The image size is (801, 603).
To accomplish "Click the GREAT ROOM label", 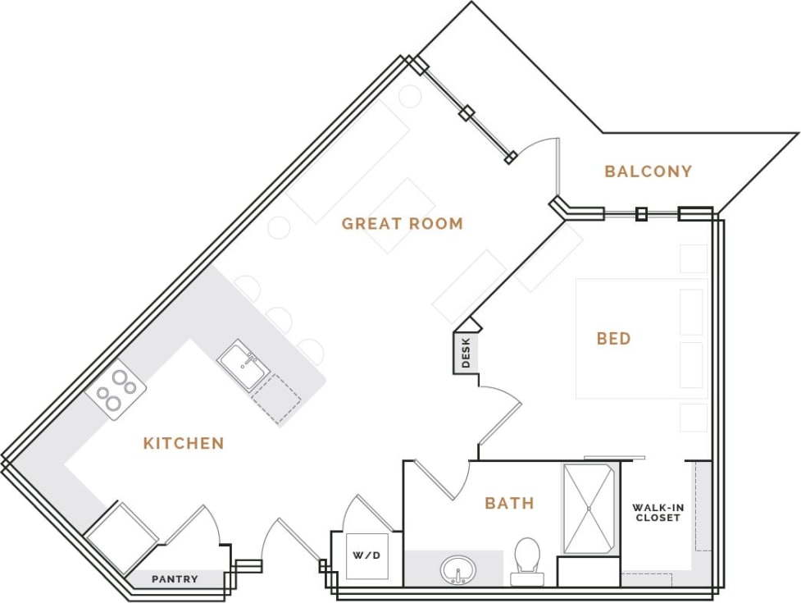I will pos(402,223).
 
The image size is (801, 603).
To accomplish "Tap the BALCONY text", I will pos(648,171).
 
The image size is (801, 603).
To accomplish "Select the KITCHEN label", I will pos(184,443).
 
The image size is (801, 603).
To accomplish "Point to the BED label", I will pos(613,338).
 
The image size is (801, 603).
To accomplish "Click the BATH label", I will pos(509,503).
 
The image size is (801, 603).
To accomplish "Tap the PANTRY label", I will pos(175,579).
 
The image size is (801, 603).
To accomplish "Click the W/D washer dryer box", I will pos(366,556).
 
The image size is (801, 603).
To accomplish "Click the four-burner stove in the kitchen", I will pos(116,390).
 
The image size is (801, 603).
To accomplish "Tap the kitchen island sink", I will pos(243,366).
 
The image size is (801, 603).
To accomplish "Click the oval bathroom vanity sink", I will pos(456,569).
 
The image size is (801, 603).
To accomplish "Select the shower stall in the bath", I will pos(588,509).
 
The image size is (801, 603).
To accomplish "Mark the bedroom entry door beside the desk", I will pos(500,418).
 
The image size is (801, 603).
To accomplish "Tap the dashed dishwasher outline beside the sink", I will pos(277,400).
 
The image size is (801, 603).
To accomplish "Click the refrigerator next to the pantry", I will pos(121,537).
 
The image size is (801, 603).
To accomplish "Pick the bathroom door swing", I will pos(443,480).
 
